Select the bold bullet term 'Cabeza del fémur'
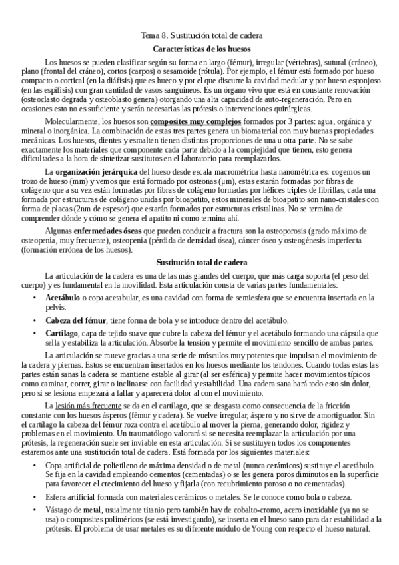tap(73, 320)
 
